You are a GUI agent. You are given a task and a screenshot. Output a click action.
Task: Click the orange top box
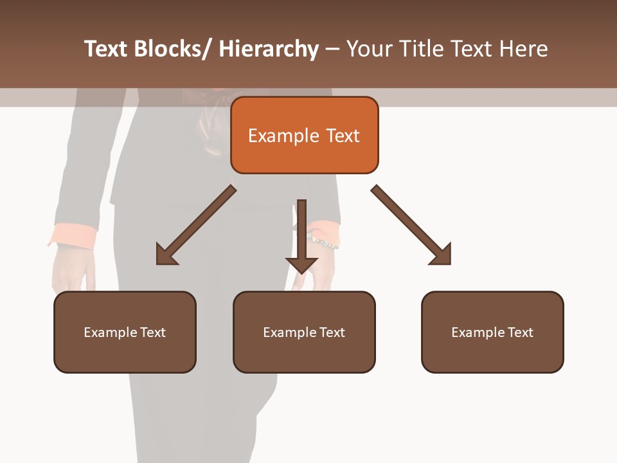(x=304, y=135)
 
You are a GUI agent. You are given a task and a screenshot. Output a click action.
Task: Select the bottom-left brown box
(x=125, y=332)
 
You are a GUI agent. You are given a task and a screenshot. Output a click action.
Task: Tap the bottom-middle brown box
(x=304, y=332)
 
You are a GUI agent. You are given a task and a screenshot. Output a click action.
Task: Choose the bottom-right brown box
(x=492, y=332)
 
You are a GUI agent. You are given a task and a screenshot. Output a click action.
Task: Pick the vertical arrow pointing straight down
(x=301, y=237)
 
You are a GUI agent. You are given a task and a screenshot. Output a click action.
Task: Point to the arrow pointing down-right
(x=411, y=226)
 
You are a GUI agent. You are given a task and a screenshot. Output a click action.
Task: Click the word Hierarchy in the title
(x=269, y=49)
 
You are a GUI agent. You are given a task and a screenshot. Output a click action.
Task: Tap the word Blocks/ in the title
(x=172, y=49)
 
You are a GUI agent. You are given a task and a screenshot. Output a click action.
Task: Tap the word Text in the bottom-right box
(x=520, y=332)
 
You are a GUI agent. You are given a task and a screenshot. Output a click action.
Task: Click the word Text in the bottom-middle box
(x=332, y=332)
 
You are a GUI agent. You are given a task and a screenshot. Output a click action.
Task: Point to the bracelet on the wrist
(x=322, y=241)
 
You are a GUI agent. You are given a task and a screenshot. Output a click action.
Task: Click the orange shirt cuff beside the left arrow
(x=72, y=235)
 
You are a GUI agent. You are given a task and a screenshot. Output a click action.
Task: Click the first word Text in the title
(x=107, y=49)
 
